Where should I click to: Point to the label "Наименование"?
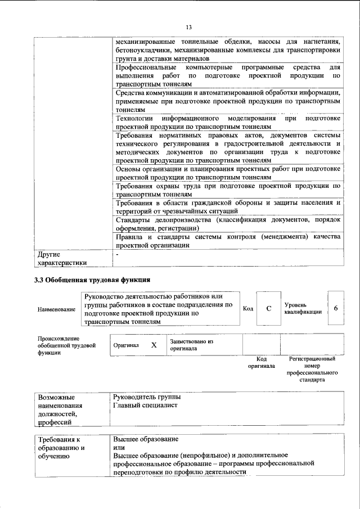coord(56,309)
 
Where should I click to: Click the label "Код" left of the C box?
coord(247,308)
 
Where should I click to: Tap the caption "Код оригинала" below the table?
coord(261,362)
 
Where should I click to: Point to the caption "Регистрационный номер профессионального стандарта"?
coord(312,369)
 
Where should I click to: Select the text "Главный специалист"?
coord(145,405)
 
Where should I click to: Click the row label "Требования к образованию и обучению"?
coord(62,448)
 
